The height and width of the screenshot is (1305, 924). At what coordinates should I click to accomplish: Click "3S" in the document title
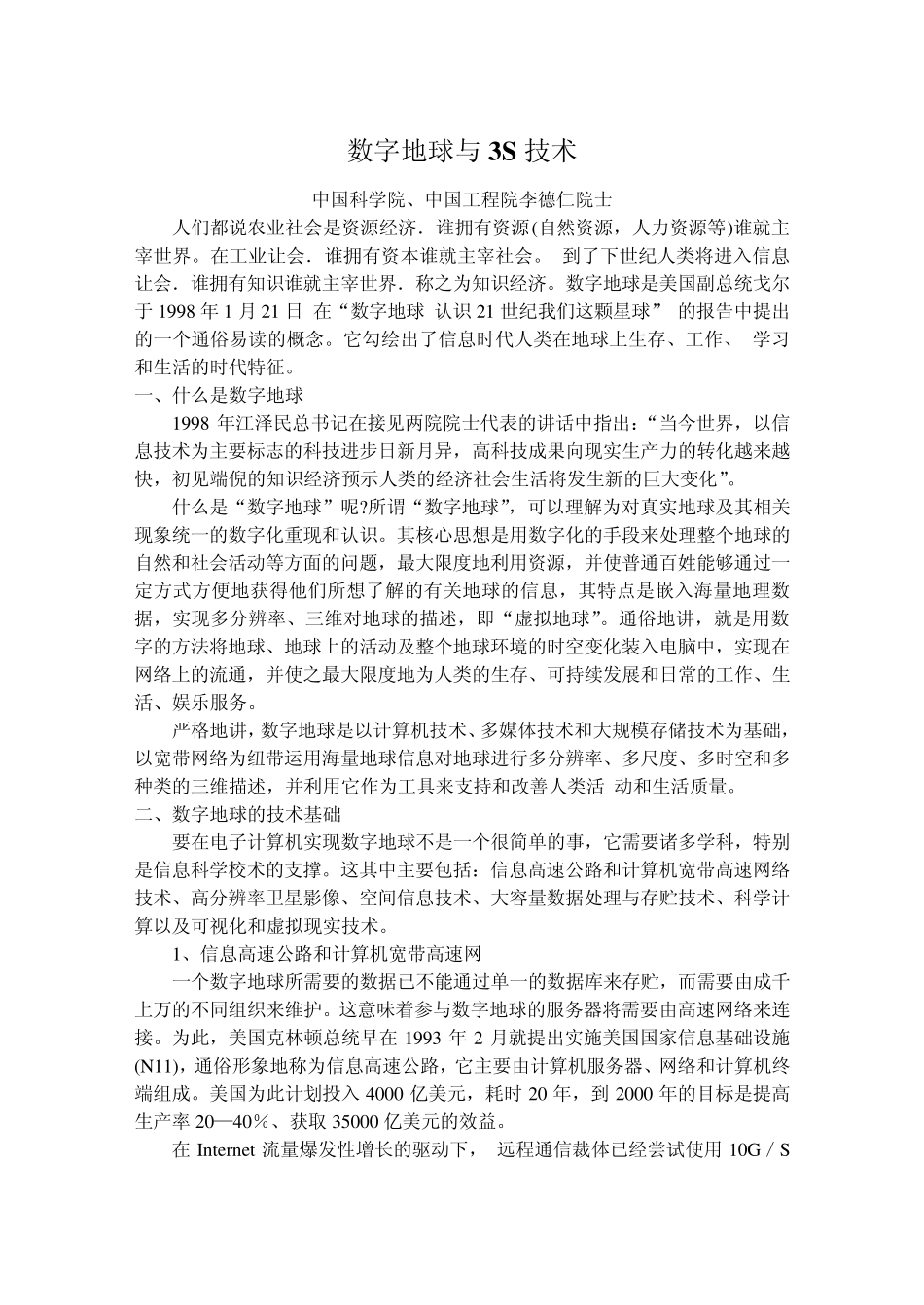[x=501, y=151]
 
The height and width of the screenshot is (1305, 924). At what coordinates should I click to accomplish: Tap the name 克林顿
[x=288, y=1038]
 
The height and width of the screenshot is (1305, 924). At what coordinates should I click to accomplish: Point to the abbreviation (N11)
[x=155, y=1066]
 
